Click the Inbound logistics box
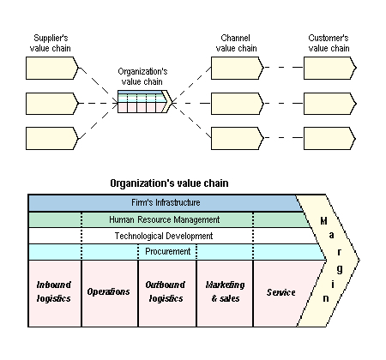[x=54, y=293]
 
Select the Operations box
[x=109, y=293]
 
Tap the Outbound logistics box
[x=166, y=293]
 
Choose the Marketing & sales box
[x=223, y=293]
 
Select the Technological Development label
[x=164, y=236]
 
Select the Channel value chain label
[x=237, y=44]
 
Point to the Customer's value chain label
[x=329, y=44]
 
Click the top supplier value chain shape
[x=52, y=68]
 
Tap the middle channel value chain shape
[x=235, y=103]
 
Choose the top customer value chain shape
[x=329, y=68]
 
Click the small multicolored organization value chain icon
[x=145, y=102]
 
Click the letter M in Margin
[x=324, y=221]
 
